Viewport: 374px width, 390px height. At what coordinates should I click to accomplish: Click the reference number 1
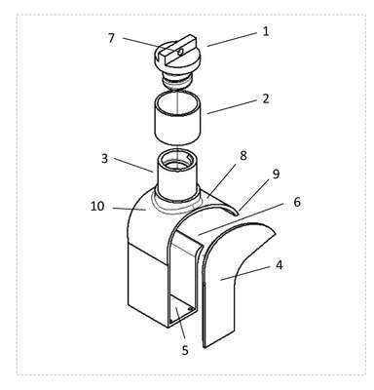pyautogui.click(x=266, y=31)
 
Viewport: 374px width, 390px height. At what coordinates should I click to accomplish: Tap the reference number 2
pyautogui.click(x=266, y=98)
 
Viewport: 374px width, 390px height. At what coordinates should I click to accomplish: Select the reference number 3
pyautogui.click(x=104, y=159)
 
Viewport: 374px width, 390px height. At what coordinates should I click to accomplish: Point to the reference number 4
pyautogui.click(x=279, y=265)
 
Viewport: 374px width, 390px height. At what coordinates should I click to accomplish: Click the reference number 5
pyautogui.click(x=185, y=350)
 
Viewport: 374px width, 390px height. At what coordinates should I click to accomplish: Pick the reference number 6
pyautogui.click(x=297, y=202)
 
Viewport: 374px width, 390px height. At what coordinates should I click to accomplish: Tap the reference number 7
pyautogui.click(x=111, y=38)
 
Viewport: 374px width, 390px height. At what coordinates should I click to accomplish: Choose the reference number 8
pyautogui.click(x=243, y=156)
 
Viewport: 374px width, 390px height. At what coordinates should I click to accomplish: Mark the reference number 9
pyautogui.click(x=276, y=175)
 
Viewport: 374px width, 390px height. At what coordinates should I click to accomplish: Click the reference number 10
pyautogui.click(x=97, y=206)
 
